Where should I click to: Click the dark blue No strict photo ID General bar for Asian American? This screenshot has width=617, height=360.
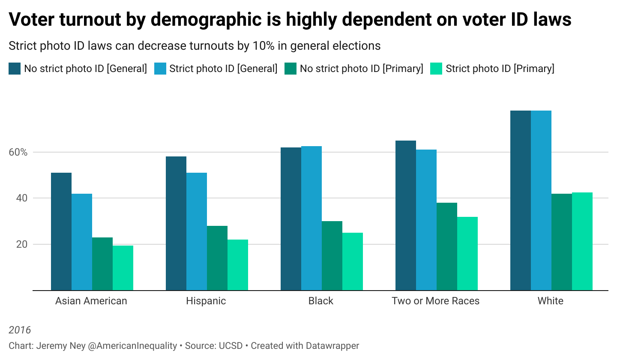[61, 231]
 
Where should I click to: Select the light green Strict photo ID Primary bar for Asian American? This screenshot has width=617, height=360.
[123, 268]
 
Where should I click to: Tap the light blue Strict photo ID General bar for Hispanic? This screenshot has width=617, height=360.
[197, 231]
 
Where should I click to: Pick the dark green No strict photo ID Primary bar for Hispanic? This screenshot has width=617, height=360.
[217, 258]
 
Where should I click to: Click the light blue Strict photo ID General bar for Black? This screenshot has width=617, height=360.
[311, 218]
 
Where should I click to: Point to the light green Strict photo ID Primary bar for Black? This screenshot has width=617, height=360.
[353, 261]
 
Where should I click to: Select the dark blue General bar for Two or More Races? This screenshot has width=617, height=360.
[406, 215]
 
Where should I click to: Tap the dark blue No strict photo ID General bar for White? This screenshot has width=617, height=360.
[521, 200]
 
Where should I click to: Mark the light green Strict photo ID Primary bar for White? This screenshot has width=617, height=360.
[582, 241]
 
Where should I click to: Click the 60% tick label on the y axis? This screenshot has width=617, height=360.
[18, 153]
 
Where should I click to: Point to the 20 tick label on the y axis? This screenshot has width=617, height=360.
[21, 244]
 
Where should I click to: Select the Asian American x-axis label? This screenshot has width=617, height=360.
[91, 301]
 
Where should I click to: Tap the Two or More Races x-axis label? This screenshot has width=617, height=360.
[435, 301]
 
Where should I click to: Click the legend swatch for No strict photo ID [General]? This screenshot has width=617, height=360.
[15, 69]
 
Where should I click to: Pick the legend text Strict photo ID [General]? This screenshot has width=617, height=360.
[223, 69]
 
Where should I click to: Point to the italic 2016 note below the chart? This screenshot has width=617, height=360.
[20, 330]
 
